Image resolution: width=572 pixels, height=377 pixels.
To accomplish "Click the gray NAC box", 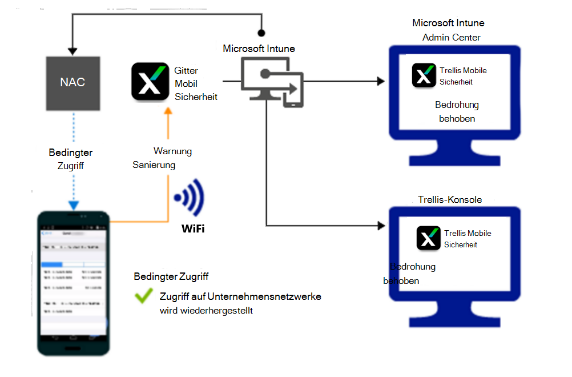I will coord(72,82).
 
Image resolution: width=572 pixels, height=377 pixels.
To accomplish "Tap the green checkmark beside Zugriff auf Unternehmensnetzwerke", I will coord(143,296).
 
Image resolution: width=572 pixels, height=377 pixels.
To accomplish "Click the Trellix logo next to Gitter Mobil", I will coord(150,82).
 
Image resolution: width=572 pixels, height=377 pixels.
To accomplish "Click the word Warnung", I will coord(172,151).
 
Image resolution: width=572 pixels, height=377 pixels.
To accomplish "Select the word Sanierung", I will coord(154,165).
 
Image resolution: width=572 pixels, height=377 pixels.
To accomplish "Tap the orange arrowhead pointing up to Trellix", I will coord(168,113).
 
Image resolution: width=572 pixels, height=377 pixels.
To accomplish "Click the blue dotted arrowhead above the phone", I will coord(73,204).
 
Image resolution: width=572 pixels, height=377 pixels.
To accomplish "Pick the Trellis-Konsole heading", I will coord(450,200).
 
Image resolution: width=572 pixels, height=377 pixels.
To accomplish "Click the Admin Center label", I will coord(451,38).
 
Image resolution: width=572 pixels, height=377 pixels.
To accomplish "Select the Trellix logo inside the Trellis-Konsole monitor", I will coord(429,238).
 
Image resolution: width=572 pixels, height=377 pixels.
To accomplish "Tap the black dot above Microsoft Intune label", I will coord(261,33).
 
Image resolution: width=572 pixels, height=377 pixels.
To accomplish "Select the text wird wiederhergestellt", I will coord(206,311).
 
